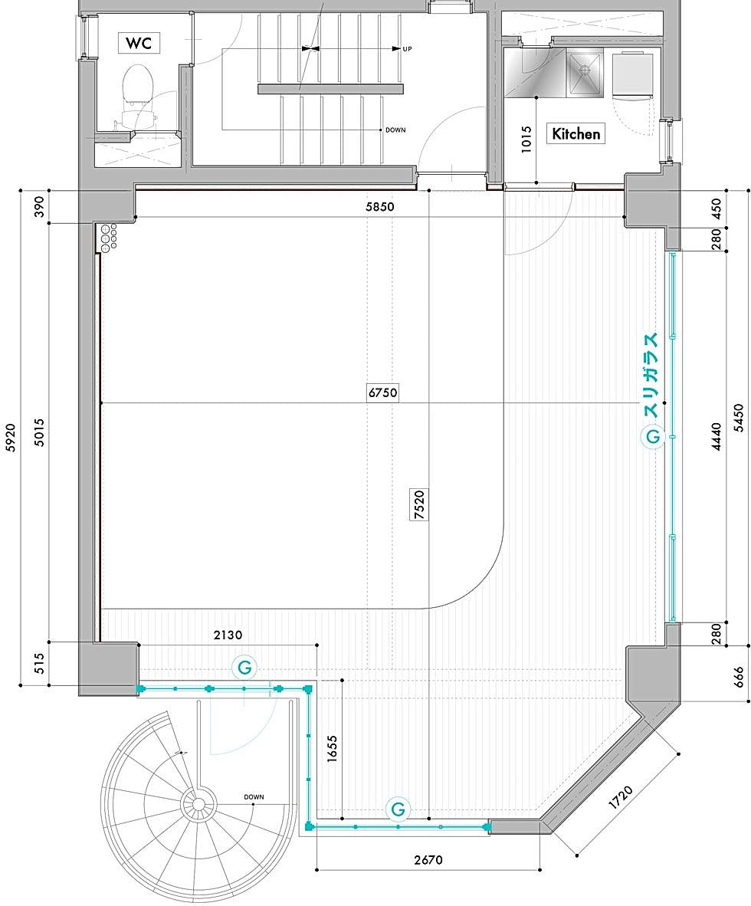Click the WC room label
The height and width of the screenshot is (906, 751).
point(139,43)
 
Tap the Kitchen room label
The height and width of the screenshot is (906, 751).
point(576,134)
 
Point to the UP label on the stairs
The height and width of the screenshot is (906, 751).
point(407,49)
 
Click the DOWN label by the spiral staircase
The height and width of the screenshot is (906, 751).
point(254,797)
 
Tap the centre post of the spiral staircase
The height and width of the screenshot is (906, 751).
point(198,804)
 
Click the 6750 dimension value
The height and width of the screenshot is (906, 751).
point(382,393)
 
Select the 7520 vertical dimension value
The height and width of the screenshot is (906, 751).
point(419,504)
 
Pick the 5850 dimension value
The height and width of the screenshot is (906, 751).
point(380,207)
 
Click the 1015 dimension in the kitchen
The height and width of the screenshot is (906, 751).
point(526,140)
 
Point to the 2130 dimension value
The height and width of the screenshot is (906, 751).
point(228,635)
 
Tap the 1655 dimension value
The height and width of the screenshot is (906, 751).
point(332,749)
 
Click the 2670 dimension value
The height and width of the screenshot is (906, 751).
point(428,860)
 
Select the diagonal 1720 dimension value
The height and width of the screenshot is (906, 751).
point(621,798)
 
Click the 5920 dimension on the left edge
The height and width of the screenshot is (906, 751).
point(11,437)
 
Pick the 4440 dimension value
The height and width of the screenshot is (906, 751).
point(717,437)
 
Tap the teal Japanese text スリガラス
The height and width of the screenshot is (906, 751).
point(651,376)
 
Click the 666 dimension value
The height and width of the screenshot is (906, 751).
point(739,677)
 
